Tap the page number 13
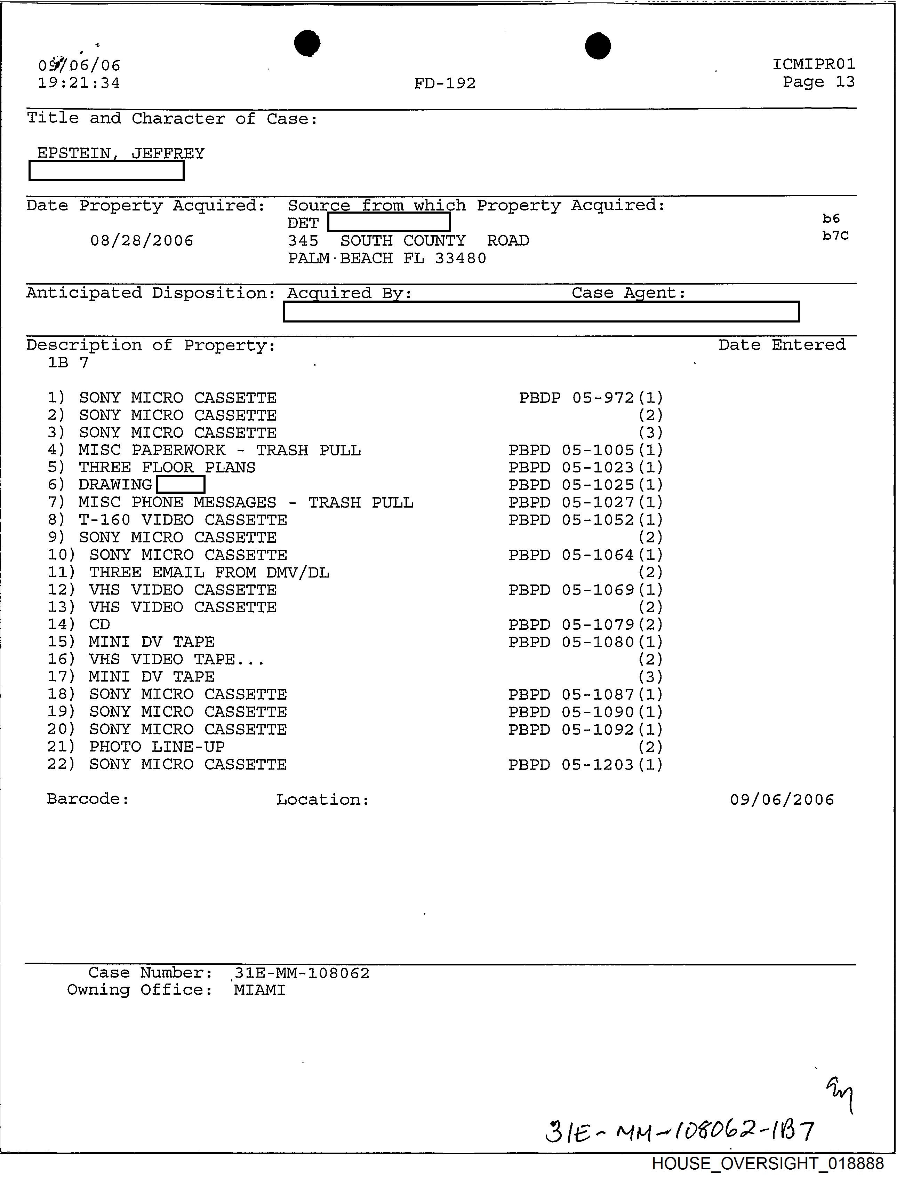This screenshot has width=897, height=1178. point(845,82)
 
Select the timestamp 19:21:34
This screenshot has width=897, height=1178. point(79,83)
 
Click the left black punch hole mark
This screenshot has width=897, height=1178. point(307,43)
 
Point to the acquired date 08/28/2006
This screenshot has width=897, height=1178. point(142,241)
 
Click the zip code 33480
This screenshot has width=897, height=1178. point(460,258)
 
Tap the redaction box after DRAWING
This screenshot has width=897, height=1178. point(181,484)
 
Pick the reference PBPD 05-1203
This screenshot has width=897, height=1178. point(571,765)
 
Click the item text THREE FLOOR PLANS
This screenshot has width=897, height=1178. point(167,467)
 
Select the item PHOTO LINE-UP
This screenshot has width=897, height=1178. point(157,747)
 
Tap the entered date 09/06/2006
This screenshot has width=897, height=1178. point(782,799)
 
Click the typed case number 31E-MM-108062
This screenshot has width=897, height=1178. point(302,973)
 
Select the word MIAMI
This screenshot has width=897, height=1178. point(259,990)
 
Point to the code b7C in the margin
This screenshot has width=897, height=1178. point(835,236)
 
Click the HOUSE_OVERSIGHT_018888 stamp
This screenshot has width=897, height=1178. point(768,1164)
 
